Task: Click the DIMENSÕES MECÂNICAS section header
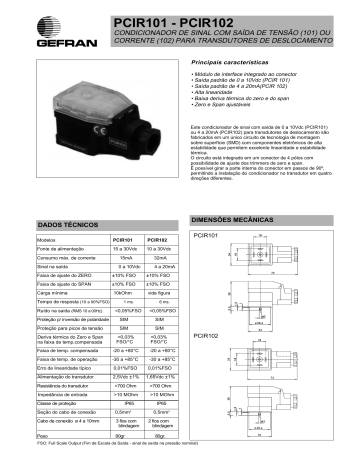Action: click(226, 217)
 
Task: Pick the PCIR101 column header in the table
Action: click(123, 241)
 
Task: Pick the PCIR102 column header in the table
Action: click(157, 241)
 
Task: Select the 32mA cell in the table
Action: click(160, 258)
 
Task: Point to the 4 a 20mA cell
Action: click(160, 267)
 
